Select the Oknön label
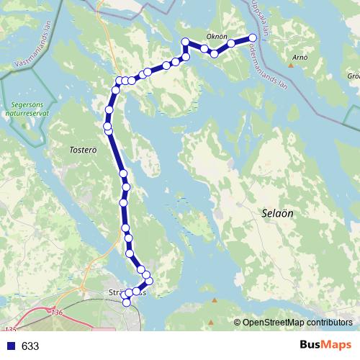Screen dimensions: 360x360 [217, 37]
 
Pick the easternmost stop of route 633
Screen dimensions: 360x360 [253, 38]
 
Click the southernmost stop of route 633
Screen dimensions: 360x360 [127, 302]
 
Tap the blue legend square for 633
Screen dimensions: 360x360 [10, 346]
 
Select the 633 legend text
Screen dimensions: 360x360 [30, 346]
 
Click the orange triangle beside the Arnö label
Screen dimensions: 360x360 [292, 66]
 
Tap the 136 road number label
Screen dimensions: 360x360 [58, 312]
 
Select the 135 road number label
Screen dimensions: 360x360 [9, 328]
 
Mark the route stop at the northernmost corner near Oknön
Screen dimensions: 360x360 [185, 41]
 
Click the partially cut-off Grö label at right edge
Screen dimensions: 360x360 [353, 75]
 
